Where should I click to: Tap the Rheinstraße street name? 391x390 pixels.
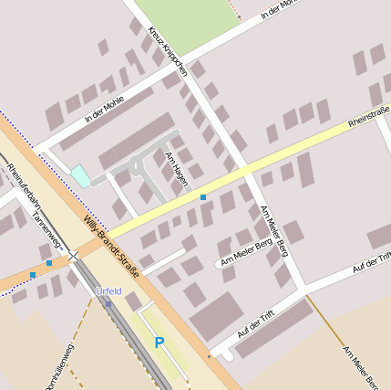coord(368,118)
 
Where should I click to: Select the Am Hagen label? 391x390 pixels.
coord(176,169)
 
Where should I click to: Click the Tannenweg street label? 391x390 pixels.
coord(46,227)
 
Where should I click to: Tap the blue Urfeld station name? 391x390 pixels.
coord(108,291)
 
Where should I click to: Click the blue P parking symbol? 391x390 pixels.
coord(159,343)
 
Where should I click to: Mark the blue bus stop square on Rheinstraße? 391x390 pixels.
coord(203,197)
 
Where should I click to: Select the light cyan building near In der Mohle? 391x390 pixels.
coord(81,175)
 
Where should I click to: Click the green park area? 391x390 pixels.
coord(188,23)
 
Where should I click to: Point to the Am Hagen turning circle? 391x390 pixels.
coord(138,166)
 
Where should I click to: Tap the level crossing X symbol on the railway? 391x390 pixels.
coord(73,258)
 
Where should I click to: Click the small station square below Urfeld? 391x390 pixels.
coord(108,303)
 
